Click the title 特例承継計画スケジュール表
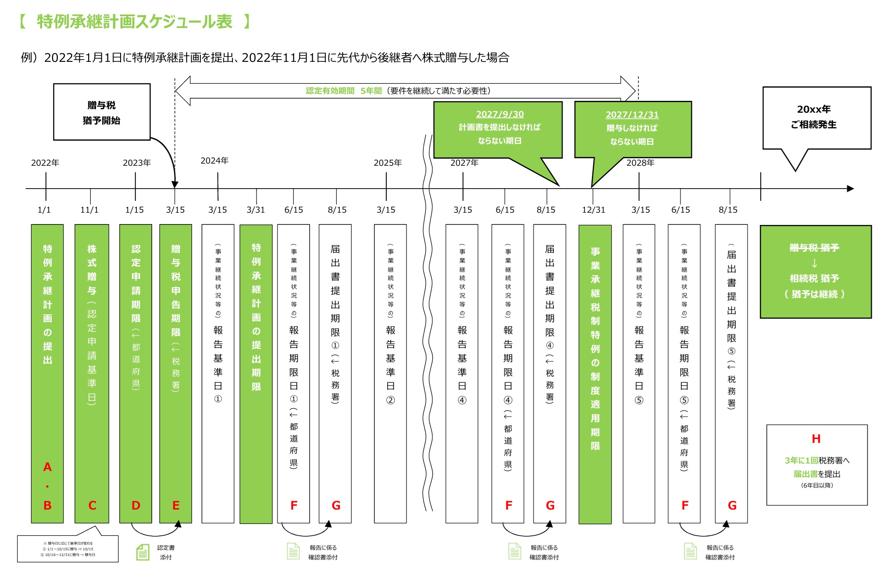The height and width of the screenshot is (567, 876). pyautogui.click(x=134, y=21)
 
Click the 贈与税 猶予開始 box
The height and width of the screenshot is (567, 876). pyautogui.click(x=102, y=112)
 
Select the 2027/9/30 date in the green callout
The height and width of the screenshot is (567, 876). pyautogui.click(x=499, y=114)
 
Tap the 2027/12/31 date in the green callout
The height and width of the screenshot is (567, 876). pyautogui.click(x=632, y=114)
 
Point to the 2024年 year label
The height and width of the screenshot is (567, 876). pyautogui.click(x=214, y=160)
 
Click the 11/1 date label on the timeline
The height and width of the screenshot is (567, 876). pyautogui.click(x=89, y=210)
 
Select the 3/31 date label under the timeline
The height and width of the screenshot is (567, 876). pyautogui.click(x=256, y=210)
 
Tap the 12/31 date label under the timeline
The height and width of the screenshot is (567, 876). pyautogui.click(x=593, y=210)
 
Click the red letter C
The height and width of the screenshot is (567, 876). pyautogui.click(x=92, y=506)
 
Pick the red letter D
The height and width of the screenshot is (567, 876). pyautogui.click(x=136, y=506)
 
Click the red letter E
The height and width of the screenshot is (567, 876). pyautogui.click(x=176, y=506)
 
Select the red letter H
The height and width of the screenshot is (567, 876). pyautogui.click(x=816, y=439)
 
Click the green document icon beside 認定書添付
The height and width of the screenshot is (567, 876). pyautogui.click(x=142, y=552)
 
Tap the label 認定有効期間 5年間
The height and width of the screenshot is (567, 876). pyautogui.click(x=343, y=91)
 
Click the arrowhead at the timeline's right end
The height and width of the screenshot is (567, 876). pyautogui.click(x=850, y=189)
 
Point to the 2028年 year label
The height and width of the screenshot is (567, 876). pyautogui.click(x=640, y=163)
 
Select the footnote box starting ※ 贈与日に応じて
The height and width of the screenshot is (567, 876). pyautogui.click(x=68, y=549)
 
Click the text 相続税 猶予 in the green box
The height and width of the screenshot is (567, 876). pyautogui.click(x=814, y=278)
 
